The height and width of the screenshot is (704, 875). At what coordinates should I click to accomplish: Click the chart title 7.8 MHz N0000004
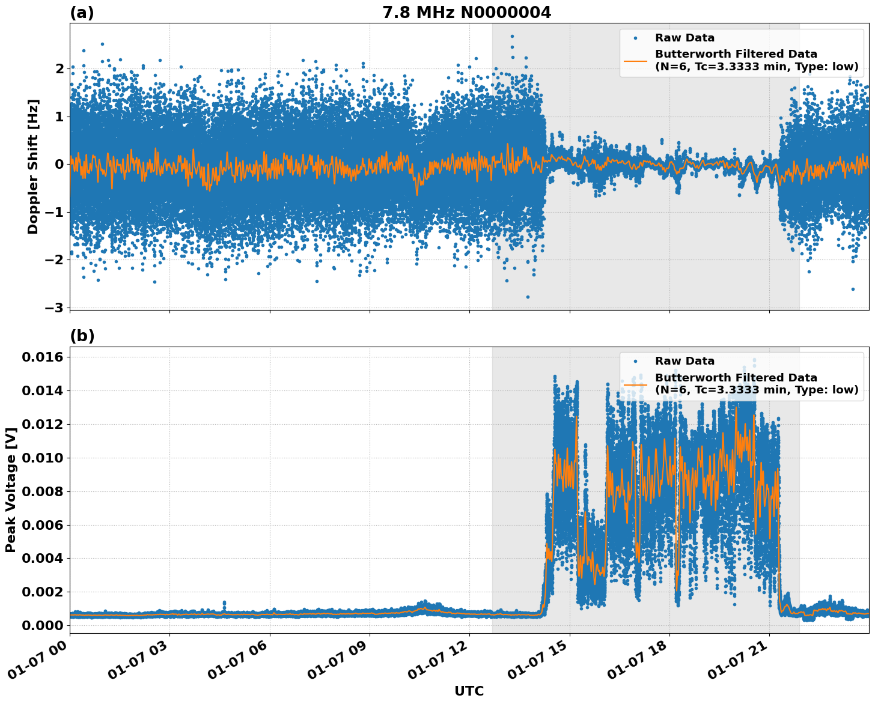tap(466, 13)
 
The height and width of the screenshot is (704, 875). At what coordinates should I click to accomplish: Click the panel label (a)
tap(82, 13)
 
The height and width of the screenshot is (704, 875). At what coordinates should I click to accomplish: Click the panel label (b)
tap(82, 336)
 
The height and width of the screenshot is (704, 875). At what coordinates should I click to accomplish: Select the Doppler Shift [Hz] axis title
tap(33, 166)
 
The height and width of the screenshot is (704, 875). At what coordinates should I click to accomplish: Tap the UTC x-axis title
tap(469, 691)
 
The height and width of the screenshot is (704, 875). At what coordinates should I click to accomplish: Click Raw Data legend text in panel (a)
tap(684, 38)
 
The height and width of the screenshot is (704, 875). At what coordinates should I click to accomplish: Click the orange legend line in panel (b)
tap(635, 384)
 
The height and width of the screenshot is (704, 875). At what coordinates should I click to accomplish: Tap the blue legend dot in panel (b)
tap(635, 361)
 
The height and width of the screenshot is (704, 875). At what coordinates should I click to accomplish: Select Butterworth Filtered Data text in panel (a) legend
tap(736, 54)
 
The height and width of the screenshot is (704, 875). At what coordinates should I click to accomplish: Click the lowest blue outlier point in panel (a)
tap(528, 297)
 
